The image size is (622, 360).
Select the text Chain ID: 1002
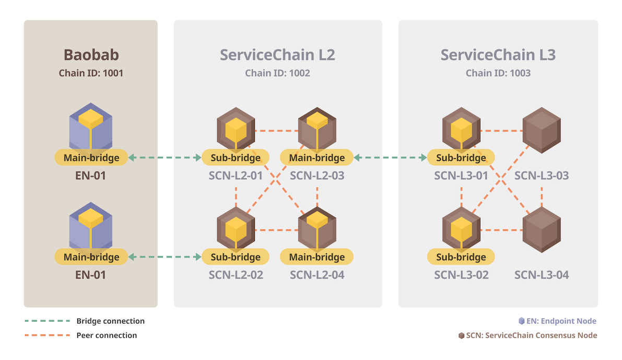point(277,73)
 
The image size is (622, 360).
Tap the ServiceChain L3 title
point(498,55)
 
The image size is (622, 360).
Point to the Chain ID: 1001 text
point(91,73)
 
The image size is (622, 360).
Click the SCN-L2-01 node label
point(236,176)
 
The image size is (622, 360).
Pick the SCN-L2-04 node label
point(317,275)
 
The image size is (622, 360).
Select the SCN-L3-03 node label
point(542,176)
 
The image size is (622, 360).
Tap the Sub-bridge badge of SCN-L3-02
point(461,257)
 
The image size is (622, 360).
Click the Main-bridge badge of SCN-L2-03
point(316,157)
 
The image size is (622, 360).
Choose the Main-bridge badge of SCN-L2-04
point(316,257)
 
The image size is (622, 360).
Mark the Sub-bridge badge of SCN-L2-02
point(236,257)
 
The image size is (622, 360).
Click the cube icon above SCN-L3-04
point(542,229)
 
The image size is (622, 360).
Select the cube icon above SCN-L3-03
point(542,130)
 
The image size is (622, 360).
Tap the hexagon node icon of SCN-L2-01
point(236,128)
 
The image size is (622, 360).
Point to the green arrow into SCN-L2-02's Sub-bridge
point(165,257)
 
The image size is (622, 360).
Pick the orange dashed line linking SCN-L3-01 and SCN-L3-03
point(502,131)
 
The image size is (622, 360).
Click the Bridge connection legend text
point(110,321)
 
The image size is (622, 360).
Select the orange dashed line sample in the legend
point(47,335)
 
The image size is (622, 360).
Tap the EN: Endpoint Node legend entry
point(557,321)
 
